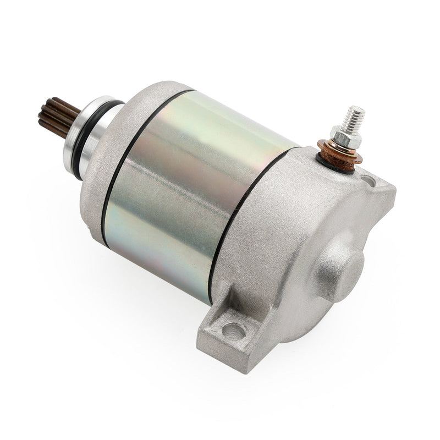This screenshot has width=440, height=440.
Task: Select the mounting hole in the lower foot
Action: click(233, 331)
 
